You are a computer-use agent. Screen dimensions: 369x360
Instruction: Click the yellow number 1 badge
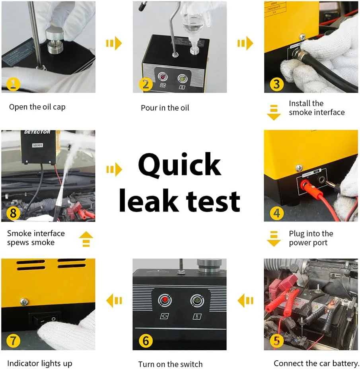tap(13, 84)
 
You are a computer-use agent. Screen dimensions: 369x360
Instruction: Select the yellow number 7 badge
tap(13, 341)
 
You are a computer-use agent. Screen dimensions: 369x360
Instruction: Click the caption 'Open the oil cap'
tap(37, 107)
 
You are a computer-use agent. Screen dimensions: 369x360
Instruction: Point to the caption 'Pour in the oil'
tap(165, 108)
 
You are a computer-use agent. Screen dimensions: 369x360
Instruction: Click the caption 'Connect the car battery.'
tap(316, 363)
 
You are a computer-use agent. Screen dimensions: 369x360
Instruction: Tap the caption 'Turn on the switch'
tap(170, 364)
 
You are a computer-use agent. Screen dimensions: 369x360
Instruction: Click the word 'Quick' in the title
tap(179, 165)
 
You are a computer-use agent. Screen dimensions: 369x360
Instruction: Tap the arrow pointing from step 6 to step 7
tap(114, 301)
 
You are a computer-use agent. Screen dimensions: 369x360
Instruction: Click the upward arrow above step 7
tap(86, 240)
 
